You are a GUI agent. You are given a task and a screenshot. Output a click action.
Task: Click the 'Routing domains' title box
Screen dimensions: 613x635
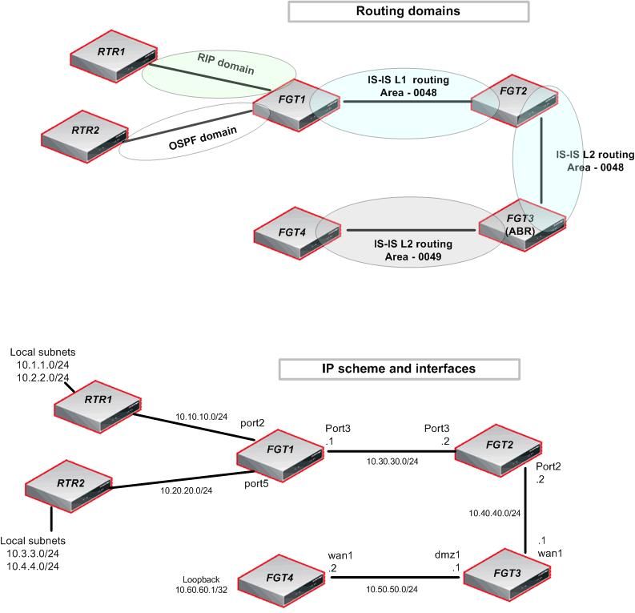(x=408, y=12)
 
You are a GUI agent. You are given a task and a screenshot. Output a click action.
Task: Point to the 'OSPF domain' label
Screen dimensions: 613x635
(x=190, y=132)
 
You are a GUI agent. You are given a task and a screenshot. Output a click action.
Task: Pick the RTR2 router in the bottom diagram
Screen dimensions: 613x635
(x=82, y=486)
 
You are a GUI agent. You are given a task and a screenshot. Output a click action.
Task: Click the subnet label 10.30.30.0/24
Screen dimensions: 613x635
(x=393, y=462)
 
